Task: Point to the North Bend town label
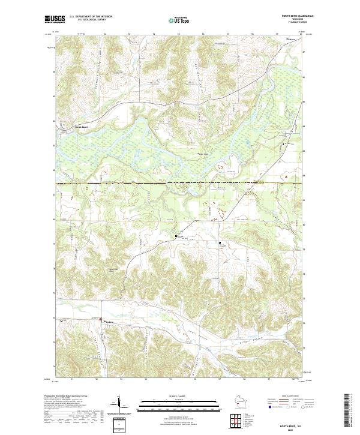click(x=81, y=127)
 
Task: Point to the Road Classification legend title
click(x=287, y=397)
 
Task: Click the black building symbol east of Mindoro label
click(x=101, y=319)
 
